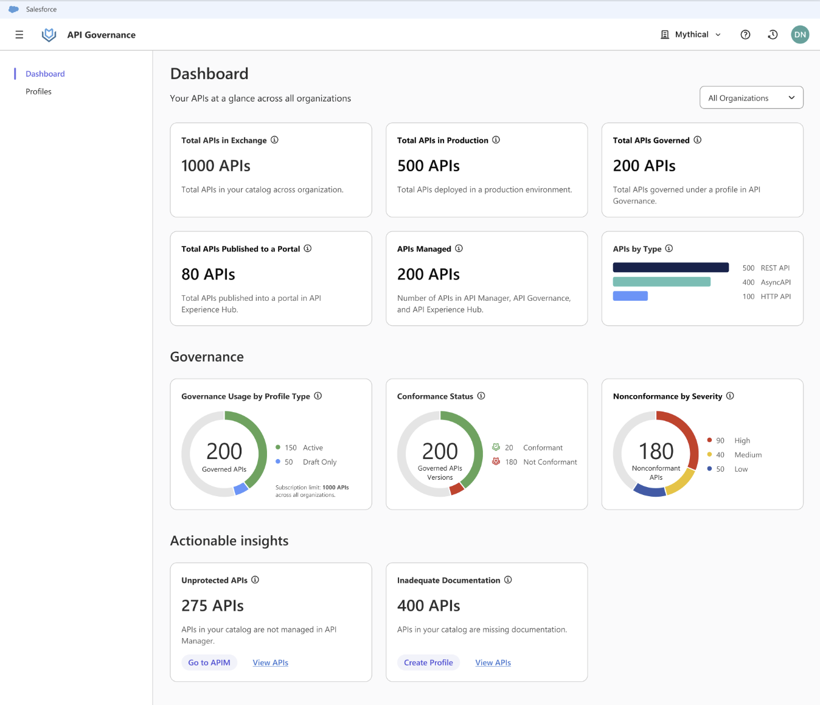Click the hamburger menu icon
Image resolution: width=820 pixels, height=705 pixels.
pos(19,35)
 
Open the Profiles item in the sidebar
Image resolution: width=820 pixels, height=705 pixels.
pos(38,91)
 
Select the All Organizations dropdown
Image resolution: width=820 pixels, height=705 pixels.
pos(751,98)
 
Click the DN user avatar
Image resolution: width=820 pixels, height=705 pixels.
pos(800,35)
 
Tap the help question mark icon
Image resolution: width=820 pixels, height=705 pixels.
pos(745,35)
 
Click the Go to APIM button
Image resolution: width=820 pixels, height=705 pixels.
pos(209,662)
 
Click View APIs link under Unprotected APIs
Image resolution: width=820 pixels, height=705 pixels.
pos(271,662)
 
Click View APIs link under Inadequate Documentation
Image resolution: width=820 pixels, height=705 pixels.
pos(493,662)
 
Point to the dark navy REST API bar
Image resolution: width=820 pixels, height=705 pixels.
pos(670,267)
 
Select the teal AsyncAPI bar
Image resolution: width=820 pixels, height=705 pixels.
pos(661,282)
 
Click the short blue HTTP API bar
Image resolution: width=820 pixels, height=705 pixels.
pos(630,296)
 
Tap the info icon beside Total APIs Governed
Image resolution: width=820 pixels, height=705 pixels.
pos(698,140)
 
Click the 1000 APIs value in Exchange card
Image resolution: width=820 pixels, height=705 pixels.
pos(216,166)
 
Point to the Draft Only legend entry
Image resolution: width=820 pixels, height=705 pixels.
pos(319,462)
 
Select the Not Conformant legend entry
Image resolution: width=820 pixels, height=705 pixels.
pos(549,462)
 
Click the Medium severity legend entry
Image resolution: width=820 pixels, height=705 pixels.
pos(747,455)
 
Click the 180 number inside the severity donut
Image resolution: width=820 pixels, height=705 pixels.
pos(656,451)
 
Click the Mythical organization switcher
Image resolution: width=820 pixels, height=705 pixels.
pos(691,35)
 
